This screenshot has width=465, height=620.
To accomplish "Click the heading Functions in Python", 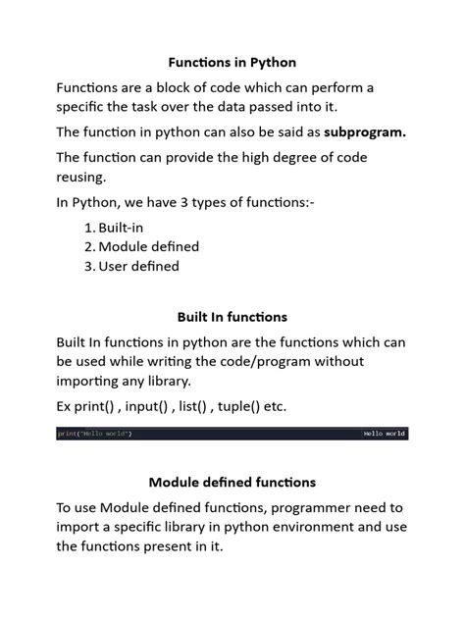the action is click(232, 62).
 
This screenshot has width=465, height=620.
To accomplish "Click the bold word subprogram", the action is click(364, 132).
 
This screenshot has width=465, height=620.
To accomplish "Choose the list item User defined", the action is click(138, 265).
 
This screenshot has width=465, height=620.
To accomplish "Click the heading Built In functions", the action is click(232, 317).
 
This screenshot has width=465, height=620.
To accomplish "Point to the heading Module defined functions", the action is click(232, 482).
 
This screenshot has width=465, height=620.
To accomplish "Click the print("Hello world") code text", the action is click(94, 434).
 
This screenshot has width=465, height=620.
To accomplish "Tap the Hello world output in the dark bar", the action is click(384, 434).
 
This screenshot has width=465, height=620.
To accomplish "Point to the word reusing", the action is click(83, 177).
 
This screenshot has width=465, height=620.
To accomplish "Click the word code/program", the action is click(275, 362).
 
